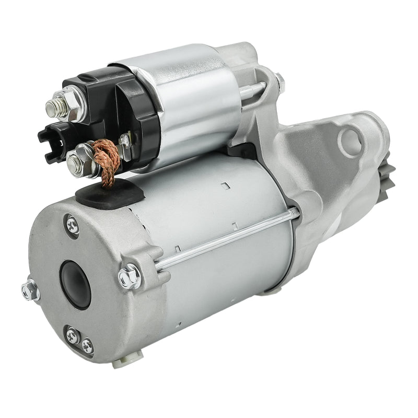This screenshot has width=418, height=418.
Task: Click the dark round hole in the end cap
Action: [x=75, y=284]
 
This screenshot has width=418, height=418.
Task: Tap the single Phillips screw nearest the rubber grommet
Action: [x=73, y=225]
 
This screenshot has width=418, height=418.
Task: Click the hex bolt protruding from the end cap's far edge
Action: [x=30, y=290]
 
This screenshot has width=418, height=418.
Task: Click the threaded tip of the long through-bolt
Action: [x=295, y=212]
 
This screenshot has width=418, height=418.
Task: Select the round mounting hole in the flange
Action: [x=350, y=141]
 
